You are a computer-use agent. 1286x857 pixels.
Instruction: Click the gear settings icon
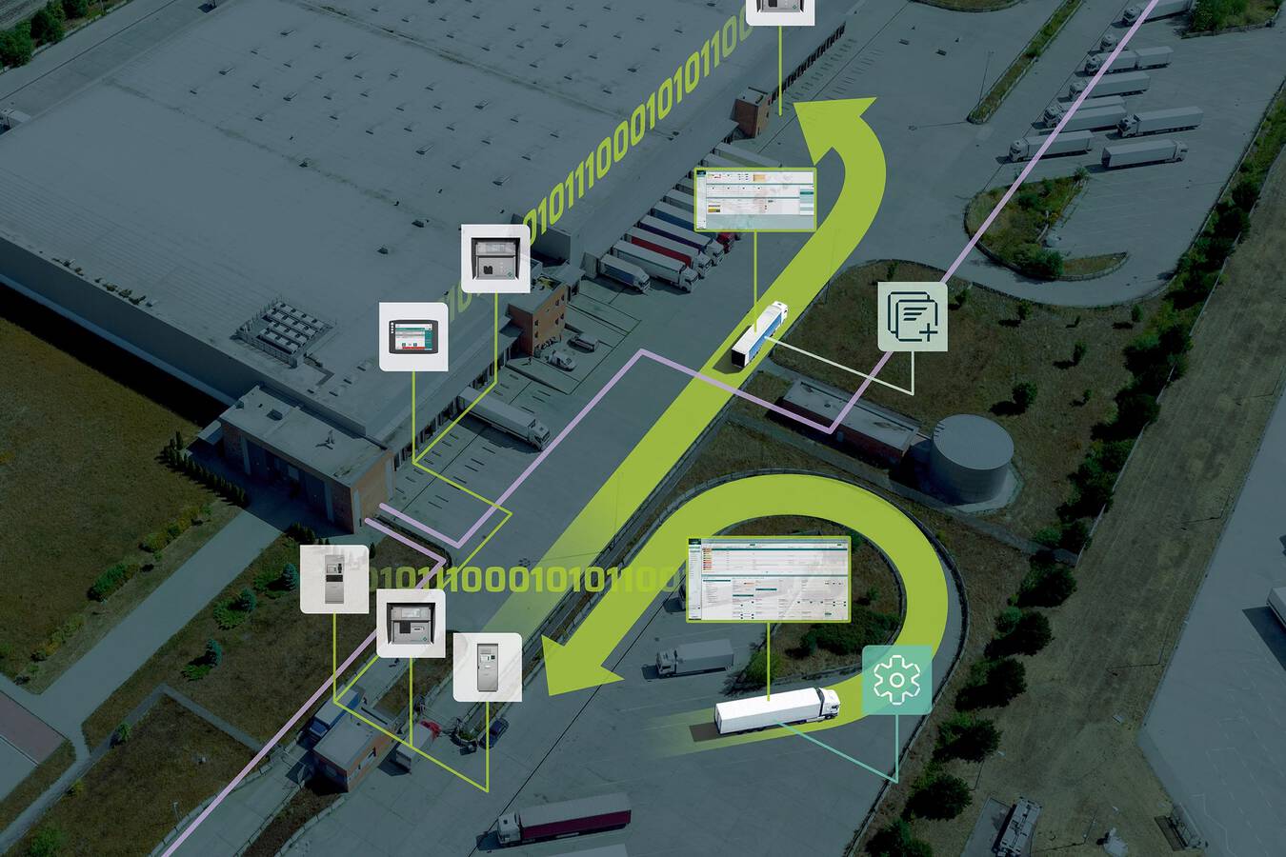pos(896,680)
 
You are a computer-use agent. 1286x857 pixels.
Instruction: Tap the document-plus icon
pos(913,316)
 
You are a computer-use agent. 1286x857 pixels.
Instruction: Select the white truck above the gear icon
pos(777,710)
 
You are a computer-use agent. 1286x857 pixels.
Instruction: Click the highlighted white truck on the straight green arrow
pos(760,332)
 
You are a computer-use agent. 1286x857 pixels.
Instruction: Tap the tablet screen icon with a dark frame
pos(414,336)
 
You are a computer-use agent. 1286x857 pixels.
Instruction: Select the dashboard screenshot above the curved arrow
pos(768,579)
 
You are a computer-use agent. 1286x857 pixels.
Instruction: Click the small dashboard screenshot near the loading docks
pos(755,199)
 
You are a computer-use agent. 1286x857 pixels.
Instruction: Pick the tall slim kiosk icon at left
pos(334,579)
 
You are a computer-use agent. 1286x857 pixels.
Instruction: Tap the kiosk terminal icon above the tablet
pos(495,258)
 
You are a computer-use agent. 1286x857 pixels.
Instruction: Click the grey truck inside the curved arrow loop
pos(695,656)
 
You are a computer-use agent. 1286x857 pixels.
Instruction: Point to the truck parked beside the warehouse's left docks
pos(506,417)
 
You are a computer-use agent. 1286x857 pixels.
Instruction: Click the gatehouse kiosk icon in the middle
pos(412,623)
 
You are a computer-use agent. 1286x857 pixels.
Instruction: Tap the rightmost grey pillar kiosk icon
pos(487,667)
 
